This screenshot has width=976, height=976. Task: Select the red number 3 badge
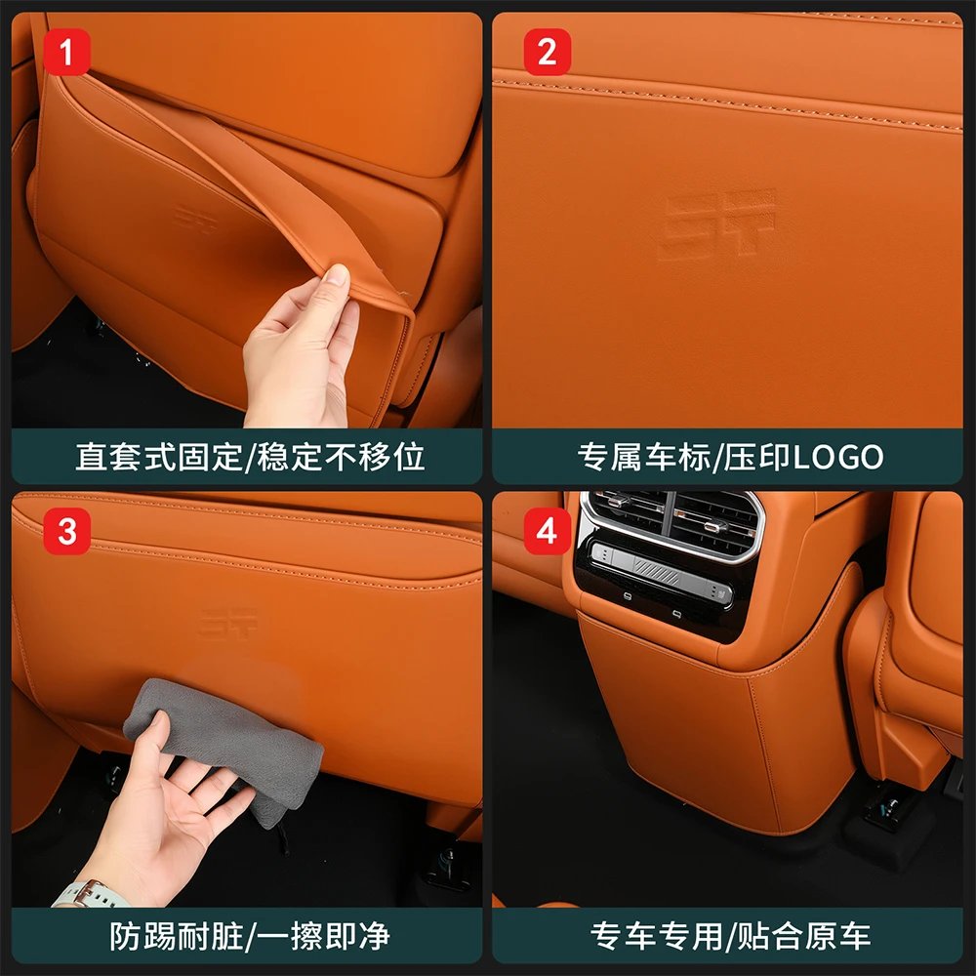pos(66,532)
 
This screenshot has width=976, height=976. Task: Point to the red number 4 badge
pos(547,532)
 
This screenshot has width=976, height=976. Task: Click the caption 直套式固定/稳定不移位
pos(250,457)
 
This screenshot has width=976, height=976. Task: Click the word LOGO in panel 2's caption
pos(837,457)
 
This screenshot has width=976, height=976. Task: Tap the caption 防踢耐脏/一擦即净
pos(250,936)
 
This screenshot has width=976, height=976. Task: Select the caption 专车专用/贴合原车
pos(730,936)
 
